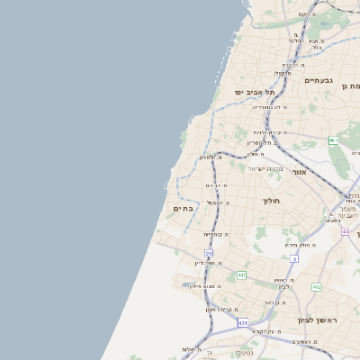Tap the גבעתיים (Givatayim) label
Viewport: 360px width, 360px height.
pos(319,81)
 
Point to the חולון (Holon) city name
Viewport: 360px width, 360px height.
pos(273,201)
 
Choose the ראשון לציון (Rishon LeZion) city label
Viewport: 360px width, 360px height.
pos(316,320)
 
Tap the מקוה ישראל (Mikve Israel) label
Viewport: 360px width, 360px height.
pos(265,168)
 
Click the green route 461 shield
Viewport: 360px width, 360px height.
pos(333,140)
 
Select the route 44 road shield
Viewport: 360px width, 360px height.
pos(345,231)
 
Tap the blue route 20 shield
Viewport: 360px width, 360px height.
pos(209,254)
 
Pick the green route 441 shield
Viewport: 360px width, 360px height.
pos(241,274)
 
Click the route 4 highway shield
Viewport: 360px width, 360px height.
pos(294,258)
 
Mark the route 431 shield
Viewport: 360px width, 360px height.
pos(242,322)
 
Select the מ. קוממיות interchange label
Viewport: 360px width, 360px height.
pos(215,234)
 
